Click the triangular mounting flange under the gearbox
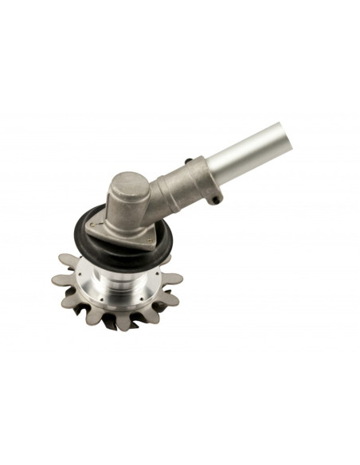point(127,227)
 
